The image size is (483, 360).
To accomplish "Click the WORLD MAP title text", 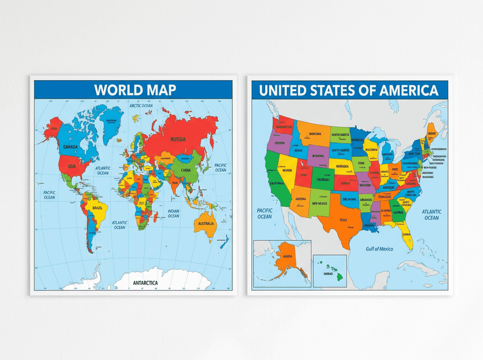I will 135,90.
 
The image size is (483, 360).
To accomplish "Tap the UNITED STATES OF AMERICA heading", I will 349,90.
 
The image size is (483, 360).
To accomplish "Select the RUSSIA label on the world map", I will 178,140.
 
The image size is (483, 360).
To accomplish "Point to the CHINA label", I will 186,170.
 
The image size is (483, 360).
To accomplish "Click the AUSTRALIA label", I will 205,223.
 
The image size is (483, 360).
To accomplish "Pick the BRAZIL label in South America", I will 98,208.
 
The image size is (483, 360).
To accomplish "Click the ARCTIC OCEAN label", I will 141,106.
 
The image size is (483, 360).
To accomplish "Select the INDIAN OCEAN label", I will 174,213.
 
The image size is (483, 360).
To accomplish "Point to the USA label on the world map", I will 71,166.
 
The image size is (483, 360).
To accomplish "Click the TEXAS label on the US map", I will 342,220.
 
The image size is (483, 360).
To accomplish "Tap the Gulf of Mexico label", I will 379,249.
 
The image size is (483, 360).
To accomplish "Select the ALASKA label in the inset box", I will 288,257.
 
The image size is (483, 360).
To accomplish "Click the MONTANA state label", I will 315,134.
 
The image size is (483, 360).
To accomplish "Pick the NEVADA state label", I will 287,170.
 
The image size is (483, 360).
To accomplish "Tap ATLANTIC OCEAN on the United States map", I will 431,214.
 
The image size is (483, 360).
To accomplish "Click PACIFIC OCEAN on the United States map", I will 265,213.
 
